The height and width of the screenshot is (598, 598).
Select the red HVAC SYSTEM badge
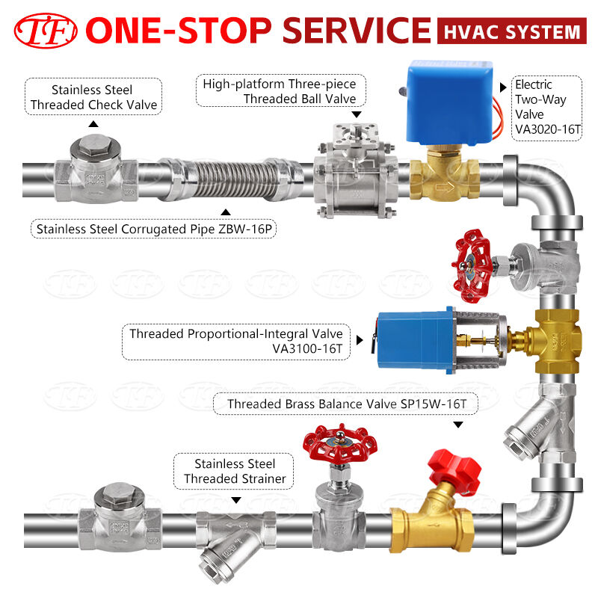click(511, 32)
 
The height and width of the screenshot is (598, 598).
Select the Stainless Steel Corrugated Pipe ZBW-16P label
click(130, 228)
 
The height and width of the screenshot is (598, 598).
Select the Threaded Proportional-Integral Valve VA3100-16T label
click(235, 342)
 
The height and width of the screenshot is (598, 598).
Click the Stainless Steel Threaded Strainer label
click(235, 472)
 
